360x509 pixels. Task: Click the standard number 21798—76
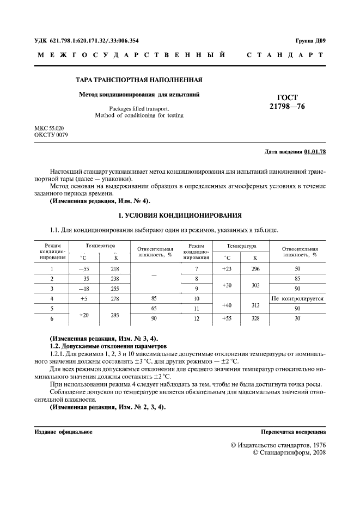pos(287,107)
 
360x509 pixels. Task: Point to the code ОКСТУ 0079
pos(52,134)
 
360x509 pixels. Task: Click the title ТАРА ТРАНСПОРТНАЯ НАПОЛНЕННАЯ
pos(139,79)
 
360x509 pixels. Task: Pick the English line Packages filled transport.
pos(139,108)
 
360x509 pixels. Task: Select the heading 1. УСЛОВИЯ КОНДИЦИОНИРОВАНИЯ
pos(180,216)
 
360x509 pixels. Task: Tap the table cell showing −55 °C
pos(83,269)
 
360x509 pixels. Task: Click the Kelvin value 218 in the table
pos(115,269)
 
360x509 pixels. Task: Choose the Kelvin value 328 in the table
pos(255,318)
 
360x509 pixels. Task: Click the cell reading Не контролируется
pos(297,299)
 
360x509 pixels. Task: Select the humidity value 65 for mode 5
pos(155,308)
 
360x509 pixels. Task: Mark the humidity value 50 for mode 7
pos(297,269)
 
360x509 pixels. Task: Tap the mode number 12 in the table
pos(196,318)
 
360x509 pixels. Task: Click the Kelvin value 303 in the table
pos(255,284)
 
